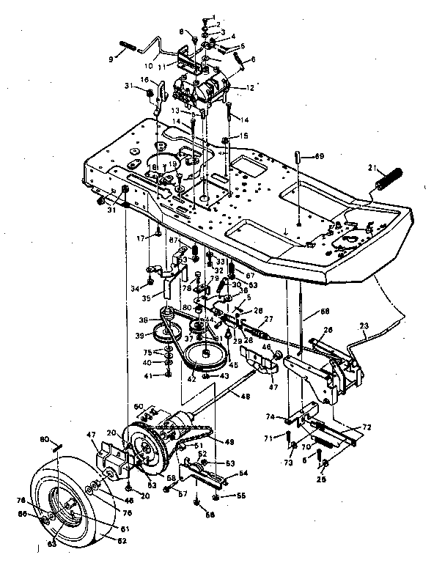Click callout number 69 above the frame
(319, 155)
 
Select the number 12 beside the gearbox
(250, 88)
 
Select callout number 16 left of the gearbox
(144, 79)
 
